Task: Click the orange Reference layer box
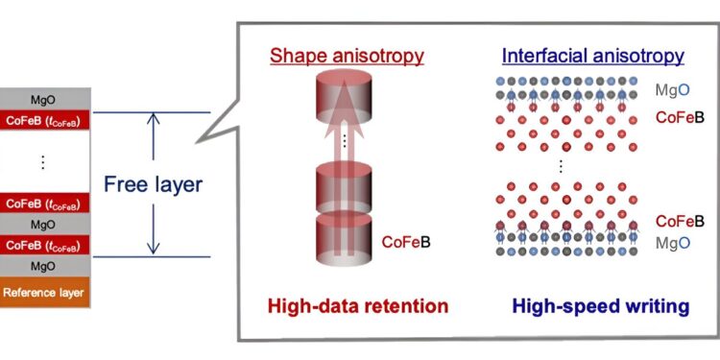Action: coord(44,292)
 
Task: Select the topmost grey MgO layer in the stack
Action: coord(44,99)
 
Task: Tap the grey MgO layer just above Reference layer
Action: coord(44,266)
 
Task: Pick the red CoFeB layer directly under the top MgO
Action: coord(44,121)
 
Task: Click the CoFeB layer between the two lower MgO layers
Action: coord(44,245)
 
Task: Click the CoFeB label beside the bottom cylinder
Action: coord(406,242)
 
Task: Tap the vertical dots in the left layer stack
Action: coord(44,163)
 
